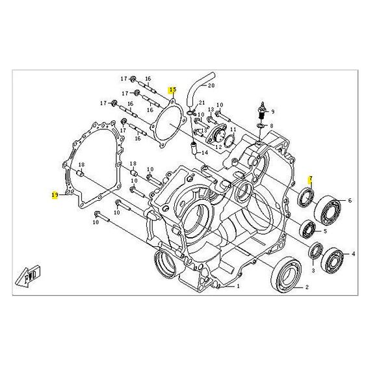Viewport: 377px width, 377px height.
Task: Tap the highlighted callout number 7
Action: coord(311,179)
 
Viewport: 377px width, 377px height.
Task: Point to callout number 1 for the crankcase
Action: coord(238,285)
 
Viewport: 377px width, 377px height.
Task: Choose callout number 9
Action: coord(273,111)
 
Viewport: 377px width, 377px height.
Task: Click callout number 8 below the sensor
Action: coord(272,126)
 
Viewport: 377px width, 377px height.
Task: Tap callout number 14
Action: coord(205,153)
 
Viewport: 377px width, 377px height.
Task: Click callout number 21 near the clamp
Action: coord(202,104)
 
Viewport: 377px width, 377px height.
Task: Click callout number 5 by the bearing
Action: coord(326,231)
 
